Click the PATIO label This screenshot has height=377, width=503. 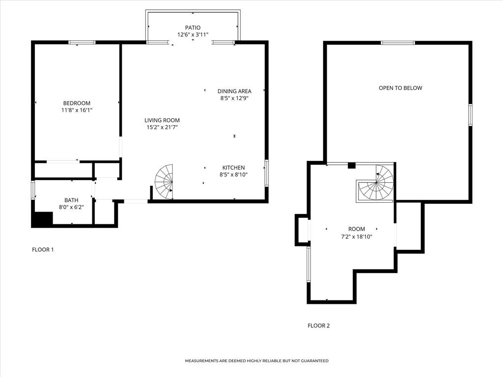193,27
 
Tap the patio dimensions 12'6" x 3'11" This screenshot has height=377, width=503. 193,35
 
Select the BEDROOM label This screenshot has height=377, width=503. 77,103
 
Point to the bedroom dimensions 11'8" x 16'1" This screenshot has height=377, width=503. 77,110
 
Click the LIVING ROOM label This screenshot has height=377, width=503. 162,120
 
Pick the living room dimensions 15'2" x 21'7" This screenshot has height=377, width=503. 162,128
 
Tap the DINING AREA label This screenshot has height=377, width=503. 234,91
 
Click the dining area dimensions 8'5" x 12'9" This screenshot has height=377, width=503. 234,98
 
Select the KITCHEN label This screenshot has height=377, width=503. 233,167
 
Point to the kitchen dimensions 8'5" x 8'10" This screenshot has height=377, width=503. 233,175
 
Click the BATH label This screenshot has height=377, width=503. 71,200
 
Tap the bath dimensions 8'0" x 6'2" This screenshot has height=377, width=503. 71,207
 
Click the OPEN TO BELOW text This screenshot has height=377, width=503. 400,88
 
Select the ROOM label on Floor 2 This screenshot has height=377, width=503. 357,229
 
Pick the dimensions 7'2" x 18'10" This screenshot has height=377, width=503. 357,237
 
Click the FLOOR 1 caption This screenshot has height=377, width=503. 43,249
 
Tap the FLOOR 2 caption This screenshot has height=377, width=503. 318,325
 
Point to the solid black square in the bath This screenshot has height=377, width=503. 42,219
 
